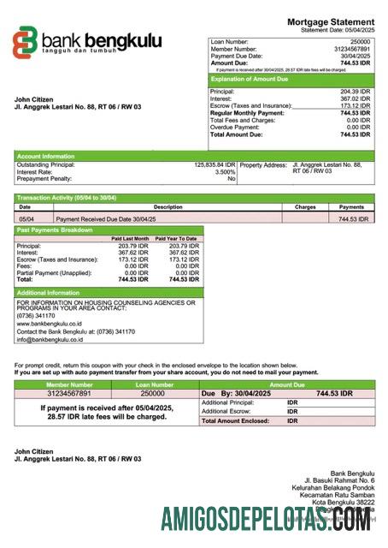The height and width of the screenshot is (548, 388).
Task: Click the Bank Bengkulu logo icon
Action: tap(26, 41)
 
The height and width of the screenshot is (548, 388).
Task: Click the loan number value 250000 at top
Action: tap(360, 41)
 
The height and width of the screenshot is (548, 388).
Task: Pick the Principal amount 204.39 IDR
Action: tap(355, 92)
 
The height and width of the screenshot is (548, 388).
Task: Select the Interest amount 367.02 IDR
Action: tap(355, 98)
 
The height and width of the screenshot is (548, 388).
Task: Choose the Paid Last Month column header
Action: tap(130, 238)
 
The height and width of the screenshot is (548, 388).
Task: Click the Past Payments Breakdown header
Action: tap(56, 229)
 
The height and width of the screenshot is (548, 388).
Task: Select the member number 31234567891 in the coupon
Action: tap(68, 394)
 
